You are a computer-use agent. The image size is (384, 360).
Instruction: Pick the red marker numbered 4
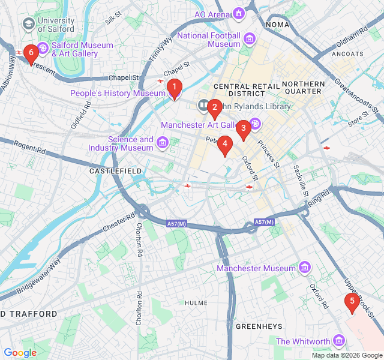click(x=224, y=144)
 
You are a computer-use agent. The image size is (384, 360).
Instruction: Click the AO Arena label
click(x=211, y=14)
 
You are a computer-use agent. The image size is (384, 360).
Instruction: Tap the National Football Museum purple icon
click(x=249, y=40)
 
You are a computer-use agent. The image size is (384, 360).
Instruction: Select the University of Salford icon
click(x=28, y=23)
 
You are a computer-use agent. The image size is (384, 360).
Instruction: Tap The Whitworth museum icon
click(x=339, y=341)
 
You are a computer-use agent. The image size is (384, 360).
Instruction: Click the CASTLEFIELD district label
click(x=115, y=171)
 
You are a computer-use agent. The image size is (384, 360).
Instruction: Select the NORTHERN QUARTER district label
click(x=303, y=88)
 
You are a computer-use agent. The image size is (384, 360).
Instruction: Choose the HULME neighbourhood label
click(x=196, y=304)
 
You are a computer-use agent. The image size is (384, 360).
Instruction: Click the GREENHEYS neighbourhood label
click(x=259, y=326)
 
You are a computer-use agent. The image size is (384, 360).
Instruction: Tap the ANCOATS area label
click(x=347, y=54)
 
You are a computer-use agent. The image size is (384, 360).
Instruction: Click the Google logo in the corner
click(x=20, y=353)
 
